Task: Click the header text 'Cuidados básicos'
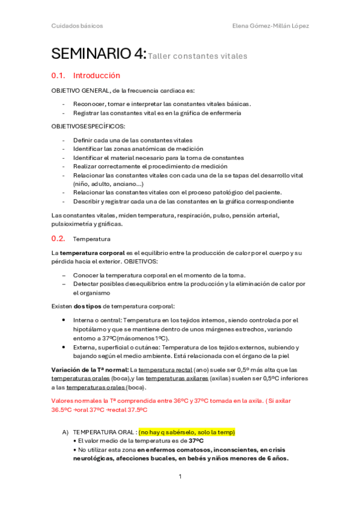[77, 26]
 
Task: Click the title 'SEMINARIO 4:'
[99, 54]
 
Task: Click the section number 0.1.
[58, 76]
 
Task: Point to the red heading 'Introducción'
[96, 76]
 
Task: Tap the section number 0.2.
[58, 238]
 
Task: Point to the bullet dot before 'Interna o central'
[64, 320]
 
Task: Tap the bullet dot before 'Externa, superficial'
[64, 347]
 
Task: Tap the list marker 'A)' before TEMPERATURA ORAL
[65, 432]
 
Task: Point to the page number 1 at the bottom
[180, 476]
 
